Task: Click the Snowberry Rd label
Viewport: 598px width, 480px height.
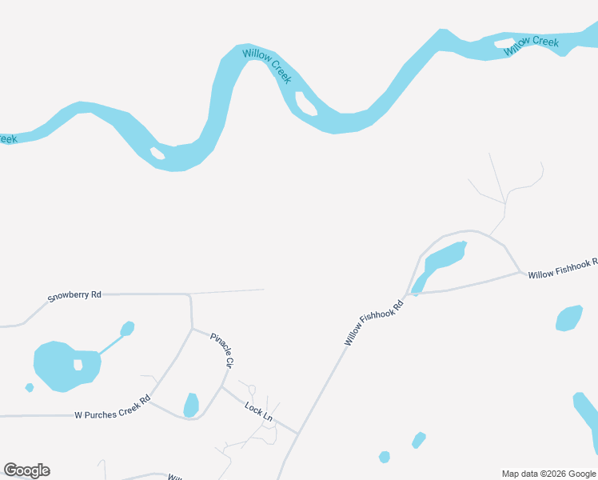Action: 74,296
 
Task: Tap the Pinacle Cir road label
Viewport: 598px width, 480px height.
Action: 221,350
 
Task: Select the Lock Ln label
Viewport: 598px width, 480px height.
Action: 259,412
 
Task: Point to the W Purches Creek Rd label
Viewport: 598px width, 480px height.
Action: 113,408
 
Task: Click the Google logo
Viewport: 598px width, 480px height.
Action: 26,470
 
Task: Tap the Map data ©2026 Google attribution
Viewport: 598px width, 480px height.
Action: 549,474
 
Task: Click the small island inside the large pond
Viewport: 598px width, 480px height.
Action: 78,365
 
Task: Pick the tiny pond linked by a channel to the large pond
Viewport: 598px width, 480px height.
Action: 127,328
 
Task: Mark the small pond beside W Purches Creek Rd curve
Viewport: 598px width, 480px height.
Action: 191,405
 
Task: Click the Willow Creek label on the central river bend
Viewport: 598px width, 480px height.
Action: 268,66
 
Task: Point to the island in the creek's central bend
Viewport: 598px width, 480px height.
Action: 305,103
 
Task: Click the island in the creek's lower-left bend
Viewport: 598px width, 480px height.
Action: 157,153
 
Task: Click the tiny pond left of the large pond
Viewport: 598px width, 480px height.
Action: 30,388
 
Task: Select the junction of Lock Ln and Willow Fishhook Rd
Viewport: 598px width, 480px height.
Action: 298,434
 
